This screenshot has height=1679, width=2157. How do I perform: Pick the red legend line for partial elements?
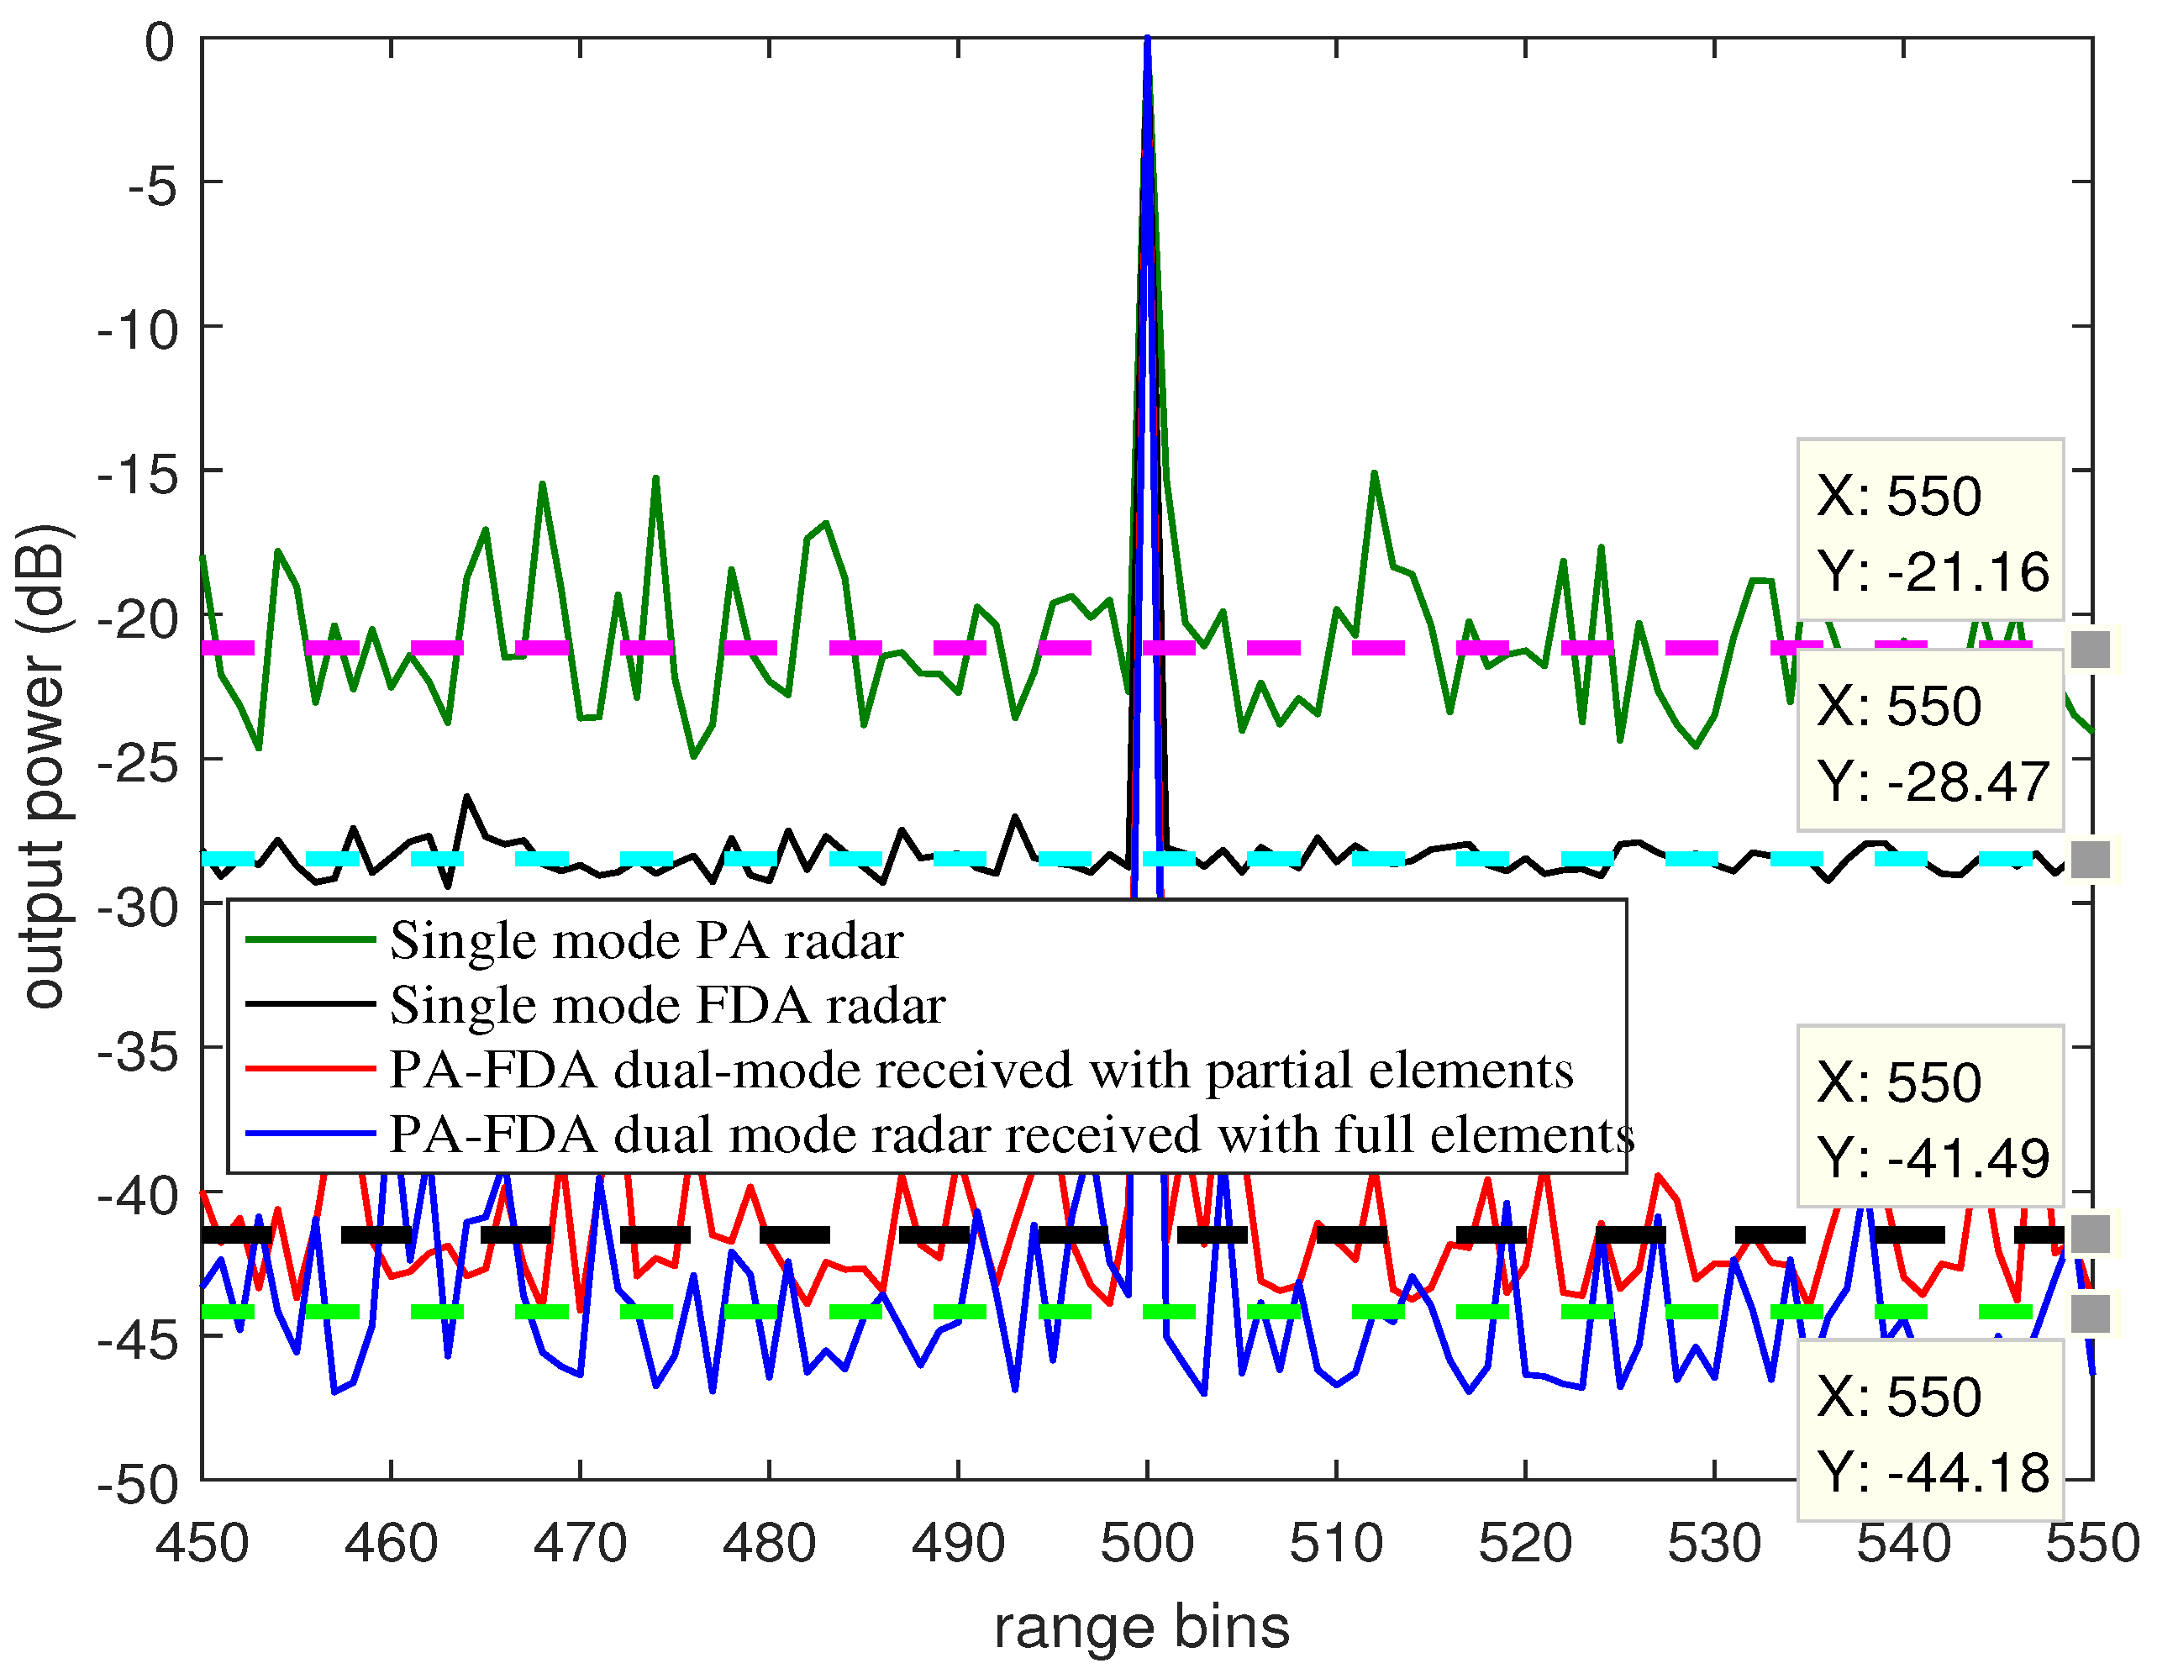(x=309, y=1070)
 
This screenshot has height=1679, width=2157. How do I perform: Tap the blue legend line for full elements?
(x=309, y=1134)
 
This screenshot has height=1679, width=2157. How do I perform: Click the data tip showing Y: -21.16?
(x=1930, y=530)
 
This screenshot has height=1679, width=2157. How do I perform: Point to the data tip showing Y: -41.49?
(x=1930, y=1117)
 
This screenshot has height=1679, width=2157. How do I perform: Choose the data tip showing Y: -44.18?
(x=1930, y=1431)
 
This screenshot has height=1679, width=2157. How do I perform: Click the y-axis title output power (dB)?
(x=45, y=766)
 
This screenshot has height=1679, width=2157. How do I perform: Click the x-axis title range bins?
(x=1142, y=1628)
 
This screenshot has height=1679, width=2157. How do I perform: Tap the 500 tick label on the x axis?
(x=1147, y=1543)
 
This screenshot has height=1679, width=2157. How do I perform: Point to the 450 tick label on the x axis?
(x=203, y=1543)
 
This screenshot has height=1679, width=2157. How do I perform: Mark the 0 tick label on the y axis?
(x=159, y=43)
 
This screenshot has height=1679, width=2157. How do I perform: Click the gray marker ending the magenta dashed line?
(x=2090, y=649)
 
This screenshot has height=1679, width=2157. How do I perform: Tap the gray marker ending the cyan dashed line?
(x=2090, y=860)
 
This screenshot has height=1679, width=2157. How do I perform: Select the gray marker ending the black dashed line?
(x=2090, y=1234)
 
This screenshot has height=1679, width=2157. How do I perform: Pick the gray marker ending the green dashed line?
(x=2090, y=1313)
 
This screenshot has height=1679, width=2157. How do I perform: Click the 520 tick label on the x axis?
(x=1525, y=1543)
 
